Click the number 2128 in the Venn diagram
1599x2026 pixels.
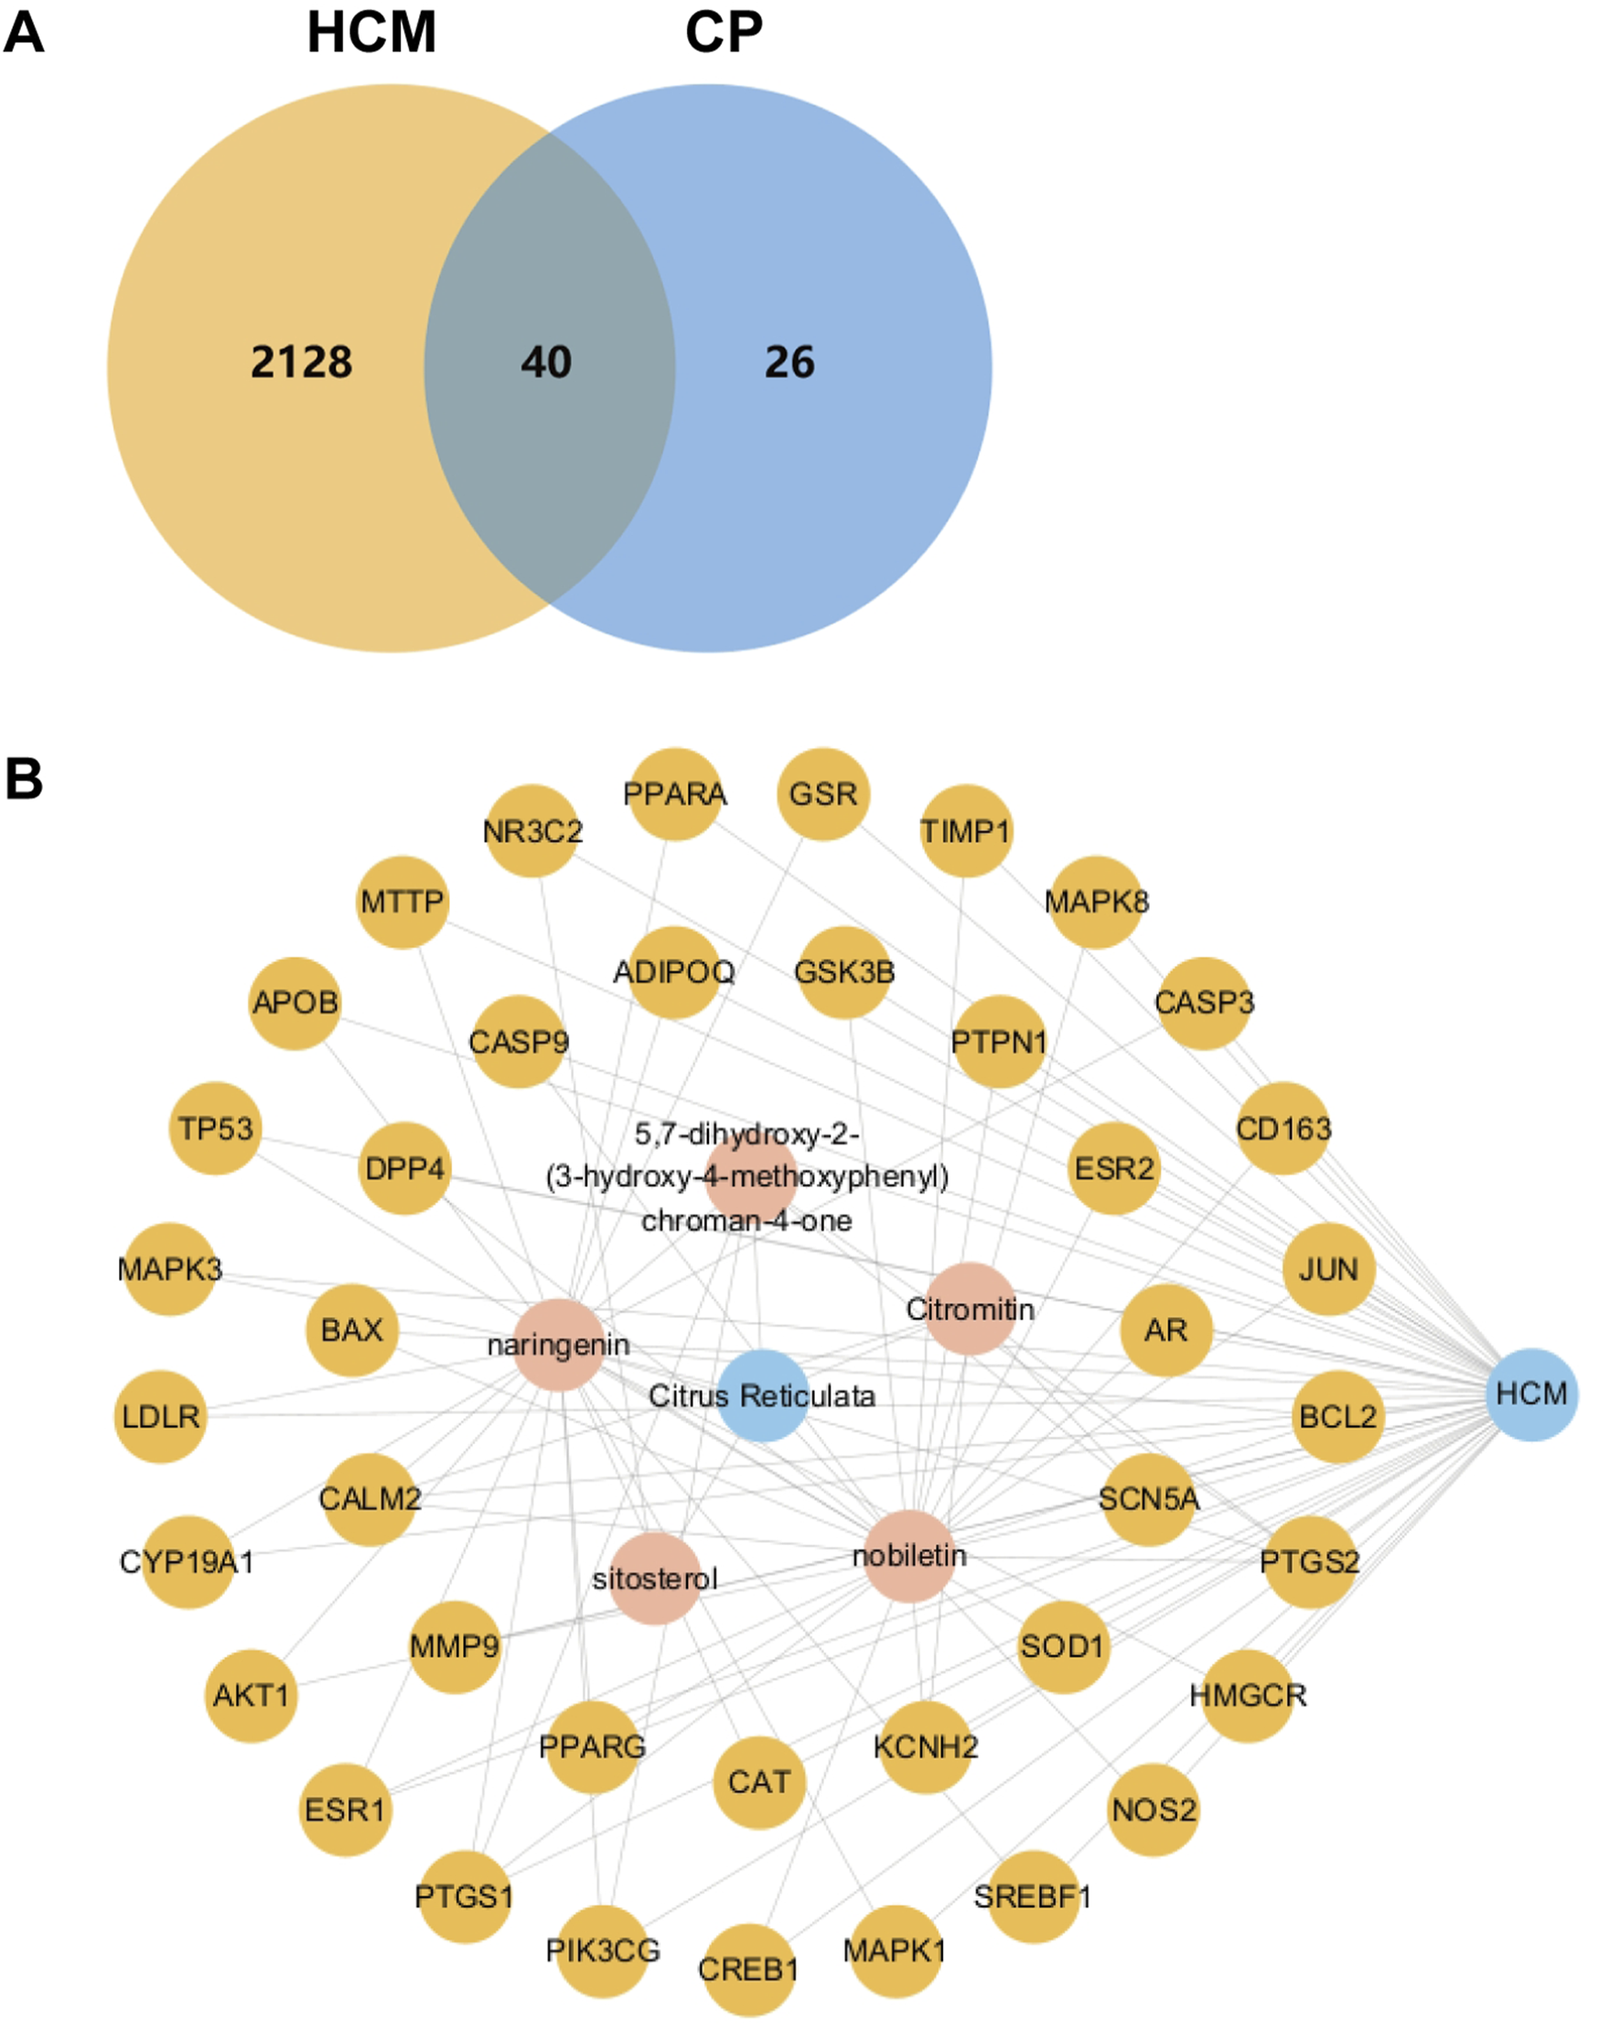click(x=302, y=362)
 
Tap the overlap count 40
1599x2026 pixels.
click(x=547, y=362)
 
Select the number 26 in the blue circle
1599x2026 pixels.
click(x=789, y=362)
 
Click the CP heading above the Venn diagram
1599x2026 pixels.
click(x=724, y=34)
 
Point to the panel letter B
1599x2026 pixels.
click(x=24, y=778)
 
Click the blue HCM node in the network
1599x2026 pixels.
click(x=1531, y=1394)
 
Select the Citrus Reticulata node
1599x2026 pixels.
click(x=763, y=1396)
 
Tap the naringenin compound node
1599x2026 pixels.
click(x=559, y=1345)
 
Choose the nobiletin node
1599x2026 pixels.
click(x=909, y=1556)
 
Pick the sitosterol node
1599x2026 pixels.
click(x=655, y=1579)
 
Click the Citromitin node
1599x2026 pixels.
click(x=970, y=1309)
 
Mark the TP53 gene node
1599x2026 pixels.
click(x=216, y=1128)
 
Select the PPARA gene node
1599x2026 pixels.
click(x=674, y=794)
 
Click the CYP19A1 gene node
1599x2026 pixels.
click(x=188, y=1561)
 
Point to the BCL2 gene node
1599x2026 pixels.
click(x=1337, y=1417)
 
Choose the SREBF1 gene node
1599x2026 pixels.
click(x=1033, y=1897)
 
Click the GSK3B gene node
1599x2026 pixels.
click(x=844, y=971)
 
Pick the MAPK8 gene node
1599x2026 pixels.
click(x=1096, y=902)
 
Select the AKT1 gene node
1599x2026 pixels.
click(x=251, y=1696)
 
